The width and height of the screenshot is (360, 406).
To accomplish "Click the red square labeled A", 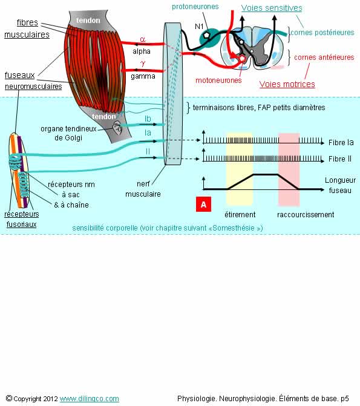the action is pos(203,205).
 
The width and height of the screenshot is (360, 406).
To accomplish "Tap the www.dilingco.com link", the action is pos(90,399).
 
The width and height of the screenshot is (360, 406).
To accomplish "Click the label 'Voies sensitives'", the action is pos(272,8).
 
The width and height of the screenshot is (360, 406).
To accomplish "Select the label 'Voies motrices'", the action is pos(287,84).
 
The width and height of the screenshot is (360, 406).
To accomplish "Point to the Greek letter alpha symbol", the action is pos(143,39).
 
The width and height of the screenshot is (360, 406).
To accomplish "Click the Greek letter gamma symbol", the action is pos(143,64).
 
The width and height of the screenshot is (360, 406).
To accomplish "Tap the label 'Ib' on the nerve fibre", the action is pos(148,119).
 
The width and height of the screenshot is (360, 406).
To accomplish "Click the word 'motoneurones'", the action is pos(218,80).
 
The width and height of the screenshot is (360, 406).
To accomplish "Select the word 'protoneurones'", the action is pos(195,7).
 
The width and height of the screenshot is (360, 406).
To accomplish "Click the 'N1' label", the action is pos(199,26).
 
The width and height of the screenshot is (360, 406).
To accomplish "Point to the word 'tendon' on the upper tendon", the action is pos(88,20).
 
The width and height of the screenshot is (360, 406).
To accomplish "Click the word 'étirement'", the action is pos(240,214).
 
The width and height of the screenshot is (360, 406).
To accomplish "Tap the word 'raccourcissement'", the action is pos(306,214).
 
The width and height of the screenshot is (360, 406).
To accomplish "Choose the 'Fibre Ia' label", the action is pos(341,142).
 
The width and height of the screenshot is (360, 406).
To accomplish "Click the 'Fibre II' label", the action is pos(340,159).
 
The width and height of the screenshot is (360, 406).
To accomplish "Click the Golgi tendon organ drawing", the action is pos(117,128).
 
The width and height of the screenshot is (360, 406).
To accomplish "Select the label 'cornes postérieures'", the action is pos(322,32).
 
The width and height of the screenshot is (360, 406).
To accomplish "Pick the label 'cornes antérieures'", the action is pos(324,57).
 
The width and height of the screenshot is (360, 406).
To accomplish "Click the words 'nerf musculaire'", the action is pos(143,189).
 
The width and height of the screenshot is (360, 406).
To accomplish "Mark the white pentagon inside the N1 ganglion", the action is pos(206,34).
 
